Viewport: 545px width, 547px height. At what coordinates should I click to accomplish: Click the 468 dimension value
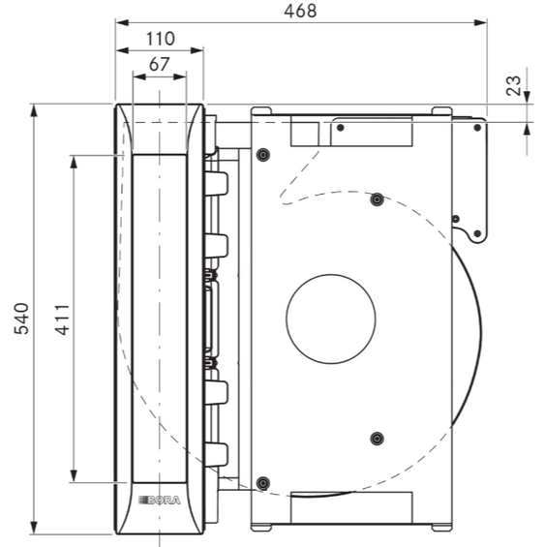point(300,11)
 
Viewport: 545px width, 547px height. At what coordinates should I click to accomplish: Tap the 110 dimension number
point(160,39)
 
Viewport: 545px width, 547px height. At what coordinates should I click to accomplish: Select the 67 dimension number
point(159,64)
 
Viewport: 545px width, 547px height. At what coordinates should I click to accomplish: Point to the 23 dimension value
point(513,85)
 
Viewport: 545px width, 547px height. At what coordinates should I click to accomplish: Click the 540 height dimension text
point(21,319)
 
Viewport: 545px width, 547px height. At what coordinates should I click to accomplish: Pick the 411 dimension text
point(63,319)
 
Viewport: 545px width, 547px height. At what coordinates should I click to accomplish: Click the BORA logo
point(160,501)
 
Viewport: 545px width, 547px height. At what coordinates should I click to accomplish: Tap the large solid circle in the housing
point(331,319)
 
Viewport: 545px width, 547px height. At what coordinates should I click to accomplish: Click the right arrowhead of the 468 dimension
point(481,23)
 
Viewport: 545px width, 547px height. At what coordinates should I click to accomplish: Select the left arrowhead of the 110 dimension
point(122,50)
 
